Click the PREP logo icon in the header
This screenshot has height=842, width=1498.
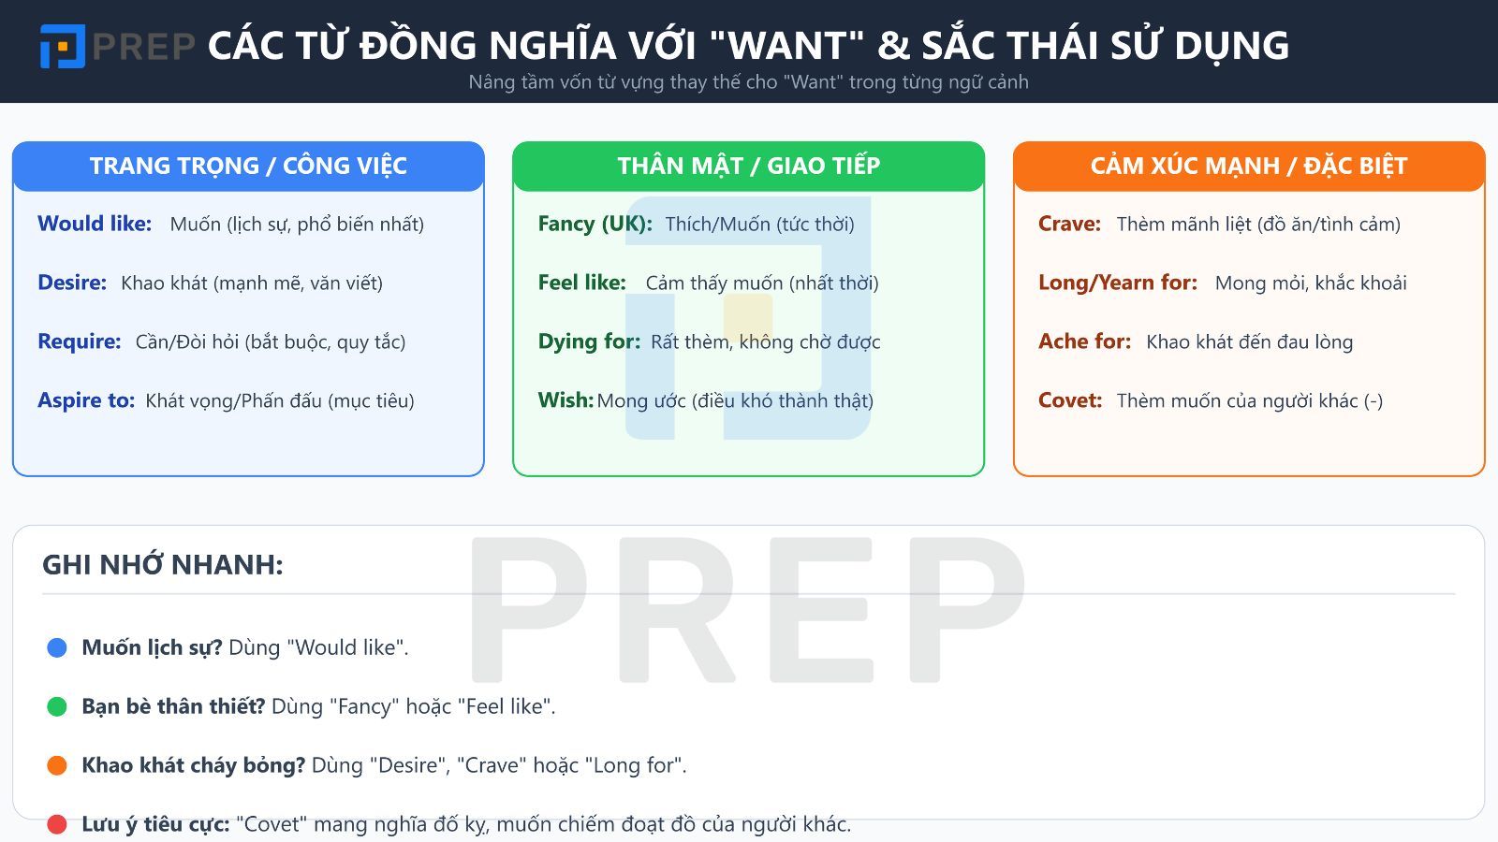(62, 46)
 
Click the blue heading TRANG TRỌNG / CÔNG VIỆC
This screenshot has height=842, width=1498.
(248, 167)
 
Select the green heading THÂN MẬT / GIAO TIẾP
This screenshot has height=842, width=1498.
(748, 167)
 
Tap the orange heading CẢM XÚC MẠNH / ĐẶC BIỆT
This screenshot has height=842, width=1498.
(1249, 167)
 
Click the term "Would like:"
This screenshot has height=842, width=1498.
(95, 224)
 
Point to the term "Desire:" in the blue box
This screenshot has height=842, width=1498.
(72, 283)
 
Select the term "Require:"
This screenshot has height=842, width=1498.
(80, 341)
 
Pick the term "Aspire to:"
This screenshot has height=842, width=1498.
(86, 400)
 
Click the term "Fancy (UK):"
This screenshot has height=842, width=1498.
(595, 224)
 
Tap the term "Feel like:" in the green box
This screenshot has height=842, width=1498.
(581, 283)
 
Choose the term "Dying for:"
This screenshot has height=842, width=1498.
(589, 341)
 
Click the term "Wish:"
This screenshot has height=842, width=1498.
(565, 400)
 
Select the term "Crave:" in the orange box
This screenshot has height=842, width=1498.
(1069, 224)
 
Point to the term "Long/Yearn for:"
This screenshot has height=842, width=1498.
(1118, 283)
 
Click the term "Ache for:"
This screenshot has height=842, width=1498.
(1084, 341)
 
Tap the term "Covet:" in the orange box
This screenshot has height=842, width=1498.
(1070, 400)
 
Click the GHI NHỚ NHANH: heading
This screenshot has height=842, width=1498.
(163, 565)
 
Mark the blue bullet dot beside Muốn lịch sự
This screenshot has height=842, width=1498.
(57, 647)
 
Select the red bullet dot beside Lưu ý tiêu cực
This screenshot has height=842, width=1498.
(57, 824)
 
